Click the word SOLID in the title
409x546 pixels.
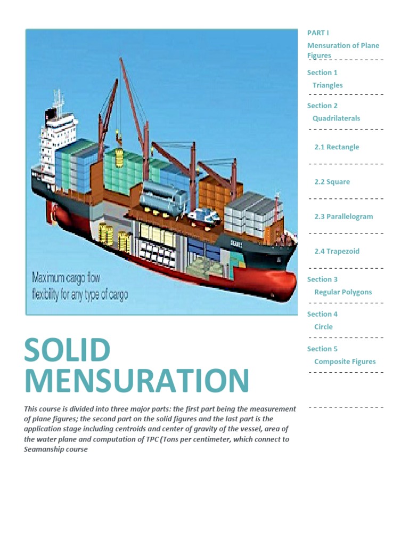click(67, 350)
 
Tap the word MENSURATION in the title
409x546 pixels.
click(136, 381)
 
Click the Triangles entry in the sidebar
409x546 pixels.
click(328, 85)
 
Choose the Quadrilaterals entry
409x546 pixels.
click(336, 118)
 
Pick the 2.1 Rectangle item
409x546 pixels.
click(337, 147)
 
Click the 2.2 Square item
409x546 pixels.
click(332, 182)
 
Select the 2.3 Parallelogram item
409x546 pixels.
click(343, 216)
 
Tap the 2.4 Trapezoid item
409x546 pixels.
click(337, 251)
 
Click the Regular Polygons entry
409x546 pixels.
click(343, 292)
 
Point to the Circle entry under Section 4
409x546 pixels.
click(323, 327)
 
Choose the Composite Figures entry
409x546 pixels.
click(345, 362)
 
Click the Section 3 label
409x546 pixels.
click(322, 279)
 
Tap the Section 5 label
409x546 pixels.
click(322, 349)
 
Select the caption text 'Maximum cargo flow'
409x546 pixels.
click(66, 278)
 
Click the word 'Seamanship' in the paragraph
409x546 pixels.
click(45, 449)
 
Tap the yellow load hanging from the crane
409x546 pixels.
click(120, 157)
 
